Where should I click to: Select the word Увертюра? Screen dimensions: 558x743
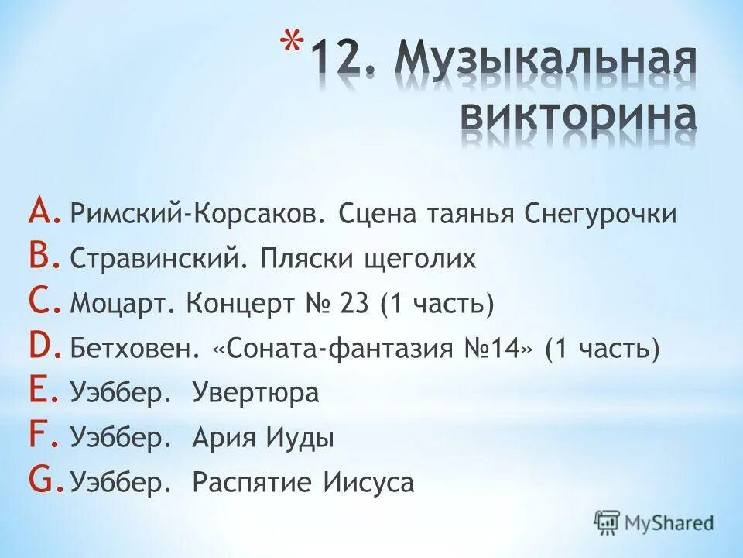click(x=255, y=393)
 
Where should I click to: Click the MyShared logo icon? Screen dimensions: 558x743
click(x=608, y=522)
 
